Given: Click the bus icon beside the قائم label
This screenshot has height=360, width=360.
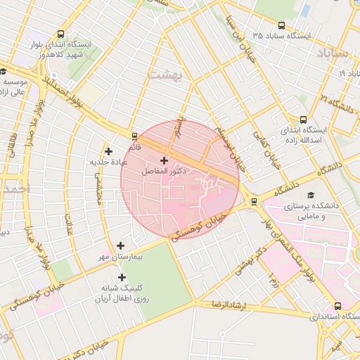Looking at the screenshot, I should point(134,136).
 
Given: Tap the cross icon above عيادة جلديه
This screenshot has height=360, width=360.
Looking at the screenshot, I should point(108,150).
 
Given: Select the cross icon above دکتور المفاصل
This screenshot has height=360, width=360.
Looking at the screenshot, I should point(165,160).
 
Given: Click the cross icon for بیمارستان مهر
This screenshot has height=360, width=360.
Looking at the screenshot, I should point(121,246).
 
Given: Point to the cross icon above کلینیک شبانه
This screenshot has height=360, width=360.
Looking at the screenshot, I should point(122,277).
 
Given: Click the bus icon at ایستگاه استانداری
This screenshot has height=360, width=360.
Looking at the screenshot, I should point(338,307).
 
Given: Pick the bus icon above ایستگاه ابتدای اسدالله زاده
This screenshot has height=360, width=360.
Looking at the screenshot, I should point(303,120).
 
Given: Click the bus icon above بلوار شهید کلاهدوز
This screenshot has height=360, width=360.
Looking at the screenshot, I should point(60,33).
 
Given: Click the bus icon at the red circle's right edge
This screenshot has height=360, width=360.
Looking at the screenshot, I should point(254,202).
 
